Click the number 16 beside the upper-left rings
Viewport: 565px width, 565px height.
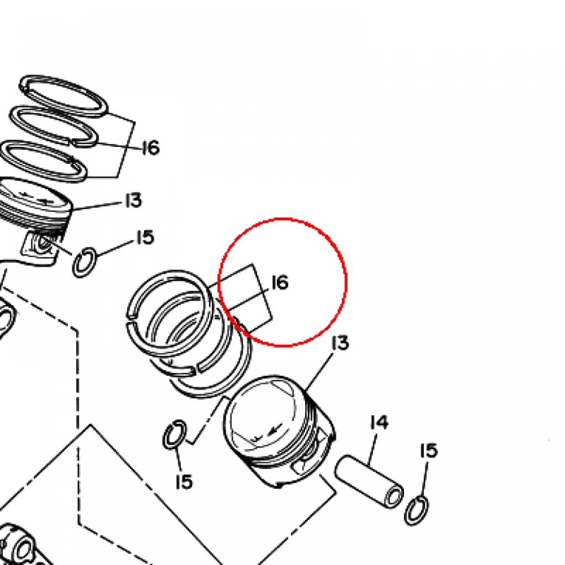tap(151, 148)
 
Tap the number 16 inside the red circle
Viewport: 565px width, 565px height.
tap(280, 282)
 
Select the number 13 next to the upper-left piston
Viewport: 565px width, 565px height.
tap(134, 200)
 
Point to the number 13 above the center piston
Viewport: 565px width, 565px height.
tap(340, 343)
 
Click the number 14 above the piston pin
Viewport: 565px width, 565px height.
tap(380, 422)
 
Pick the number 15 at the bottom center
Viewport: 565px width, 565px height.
tap(184, 481)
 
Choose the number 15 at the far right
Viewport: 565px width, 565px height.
tap(429, 451)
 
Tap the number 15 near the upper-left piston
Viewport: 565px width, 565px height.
tap(146, 237)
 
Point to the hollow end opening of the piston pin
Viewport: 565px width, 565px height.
tap(393, 497)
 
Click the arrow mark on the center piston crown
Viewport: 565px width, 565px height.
tap(275, 429)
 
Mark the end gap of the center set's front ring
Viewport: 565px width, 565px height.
tap(130, 321)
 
